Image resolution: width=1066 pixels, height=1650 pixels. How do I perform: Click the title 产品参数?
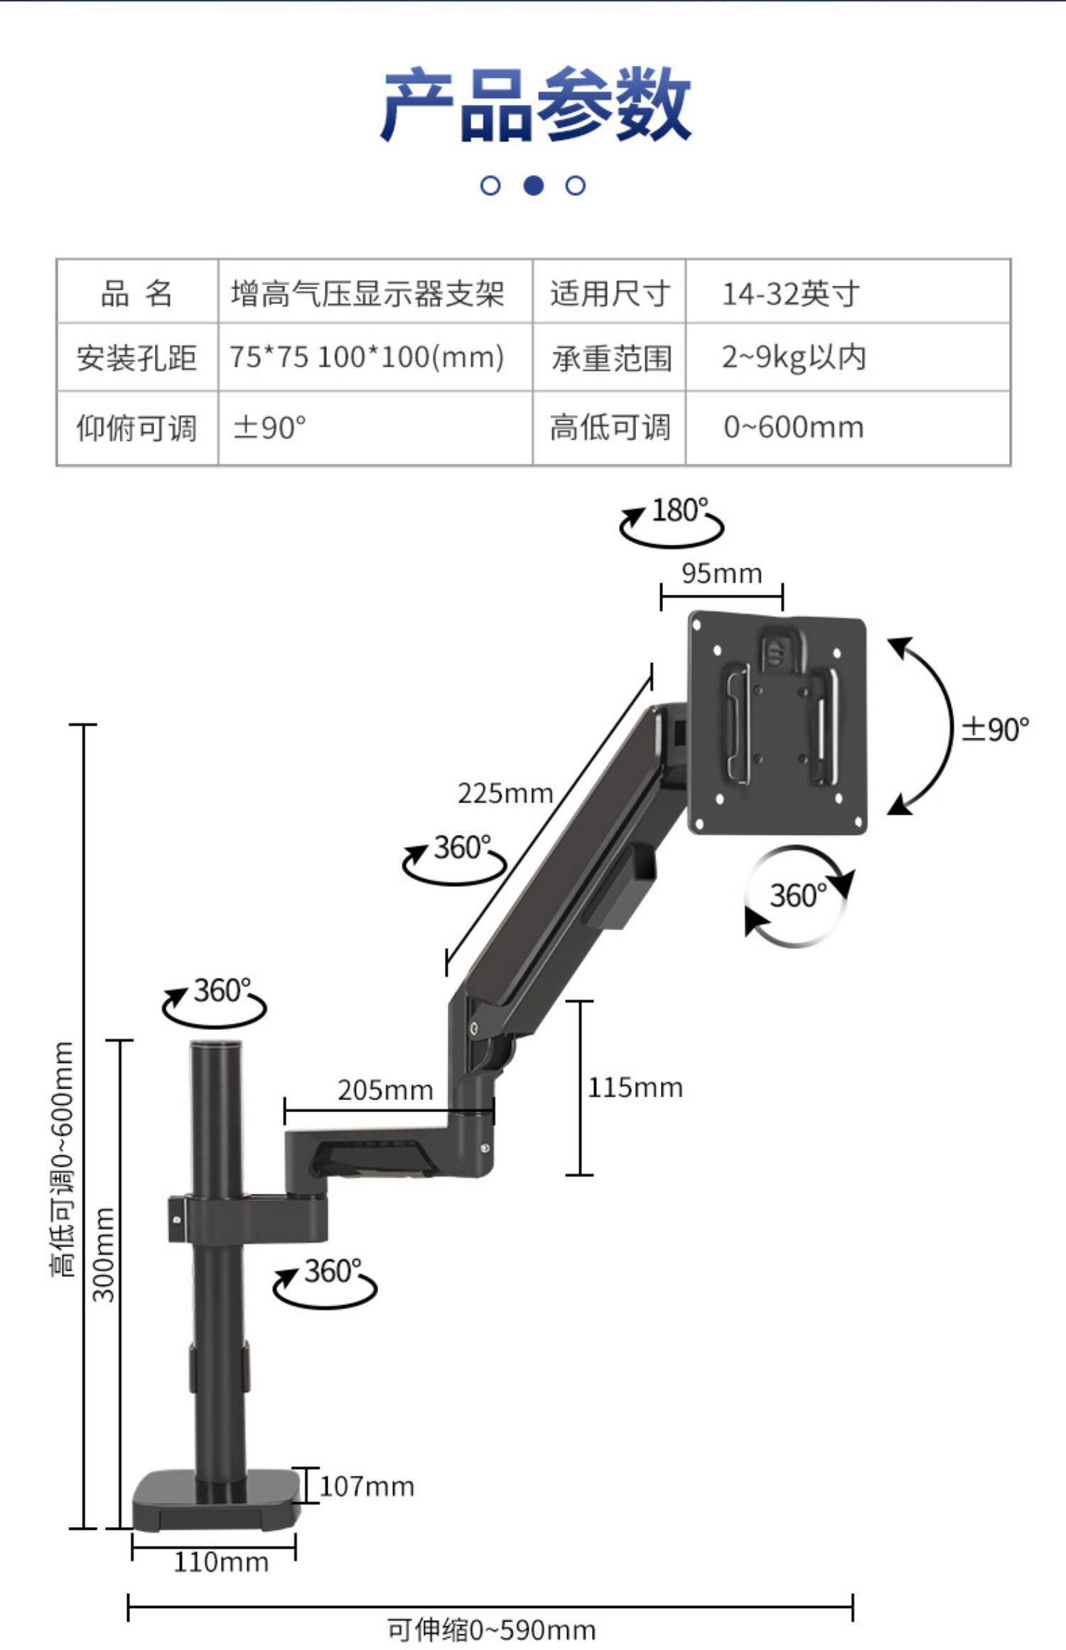click(x=534, y=105)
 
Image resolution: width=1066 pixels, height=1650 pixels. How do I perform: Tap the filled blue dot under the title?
click(x=533, y=185)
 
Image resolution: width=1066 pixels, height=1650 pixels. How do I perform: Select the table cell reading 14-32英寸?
click(x=790, y=293)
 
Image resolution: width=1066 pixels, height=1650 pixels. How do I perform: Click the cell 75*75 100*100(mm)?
click(x=367, y=357)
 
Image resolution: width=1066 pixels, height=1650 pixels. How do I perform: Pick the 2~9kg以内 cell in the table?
click(x=793, y=357)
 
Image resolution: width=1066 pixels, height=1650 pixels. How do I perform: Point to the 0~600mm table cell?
click(x=793, y=428)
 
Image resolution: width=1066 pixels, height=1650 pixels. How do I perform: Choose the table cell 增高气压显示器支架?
click(x=367, y=293)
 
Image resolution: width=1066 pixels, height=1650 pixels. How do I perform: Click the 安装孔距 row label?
click(x=136, y=357)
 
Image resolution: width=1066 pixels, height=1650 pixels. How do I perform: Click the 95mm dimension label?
click(x=721, y=573)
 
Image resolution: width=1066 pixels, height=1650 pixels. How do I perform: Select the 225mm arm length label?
click(x=505, y=793)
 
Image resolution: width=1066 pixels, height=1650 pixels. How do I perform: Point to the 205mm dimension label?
click(x=384, y=1090)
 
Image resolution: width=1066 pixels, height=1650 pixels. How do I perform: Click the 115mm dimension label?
click(x=635, y=1087)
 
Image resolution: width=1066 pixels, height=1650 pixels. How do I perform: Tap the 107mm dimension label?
click(x=367, y=1486)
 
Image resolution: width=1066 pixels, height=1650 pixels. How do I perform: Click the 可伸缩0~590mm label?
click(x=490, y=1629)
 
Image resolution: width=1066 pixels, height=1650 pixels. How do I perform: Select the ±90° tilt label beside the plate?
click(x=995, y=729)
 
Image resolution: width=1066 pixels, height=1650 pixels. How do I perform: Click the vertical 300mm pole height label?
click(x=104, y=1253)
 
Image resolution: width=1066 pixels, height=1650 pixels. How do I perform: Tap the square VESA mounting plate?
click(x=777, y=722)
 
